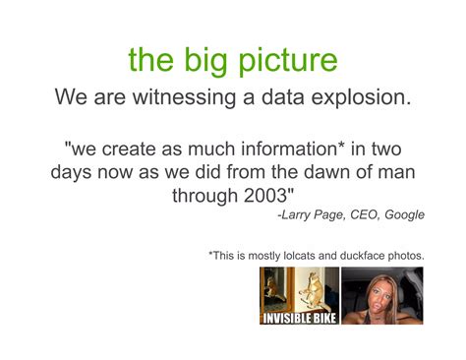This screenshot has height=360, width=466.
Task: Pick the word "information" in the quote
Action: pos(274,149)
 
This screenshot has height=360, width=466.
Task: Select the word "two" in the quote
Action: pos(381,149)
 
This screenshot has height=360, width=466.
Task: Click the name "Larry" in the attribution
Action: pos(300,214)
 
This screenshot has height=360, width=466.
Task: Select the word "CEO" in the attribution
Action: pos(364,214)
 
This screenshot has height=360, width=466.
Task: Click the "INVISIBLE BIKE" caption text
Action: pos(299,318)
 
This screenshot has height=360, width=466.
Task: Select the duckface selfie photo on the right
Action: pos(381,295)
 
